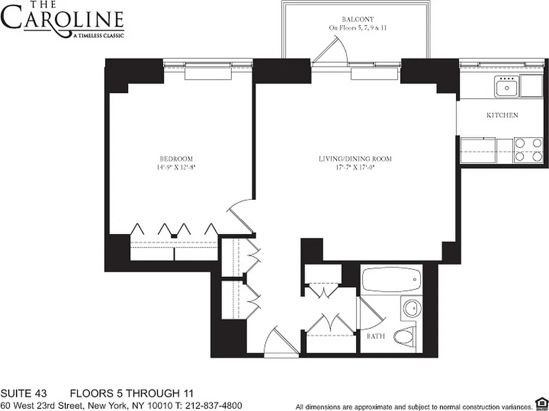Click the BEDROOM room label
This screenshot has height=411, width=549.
(176, 159)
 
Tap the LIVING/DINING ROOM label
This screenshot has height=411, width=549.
(355, 159)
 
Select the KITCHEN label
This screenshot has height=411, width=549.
(502, 116)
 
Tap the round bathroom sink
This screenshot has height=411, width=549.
(411, 309)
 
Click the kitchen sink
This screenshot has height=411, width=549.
(507, 87)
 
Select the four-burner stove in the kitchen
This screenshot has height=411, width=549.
(529, 150)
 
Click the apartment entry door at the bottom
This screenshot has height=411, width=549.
(281, 342)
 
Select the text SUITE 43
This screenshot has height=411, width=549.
(24, 394)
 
